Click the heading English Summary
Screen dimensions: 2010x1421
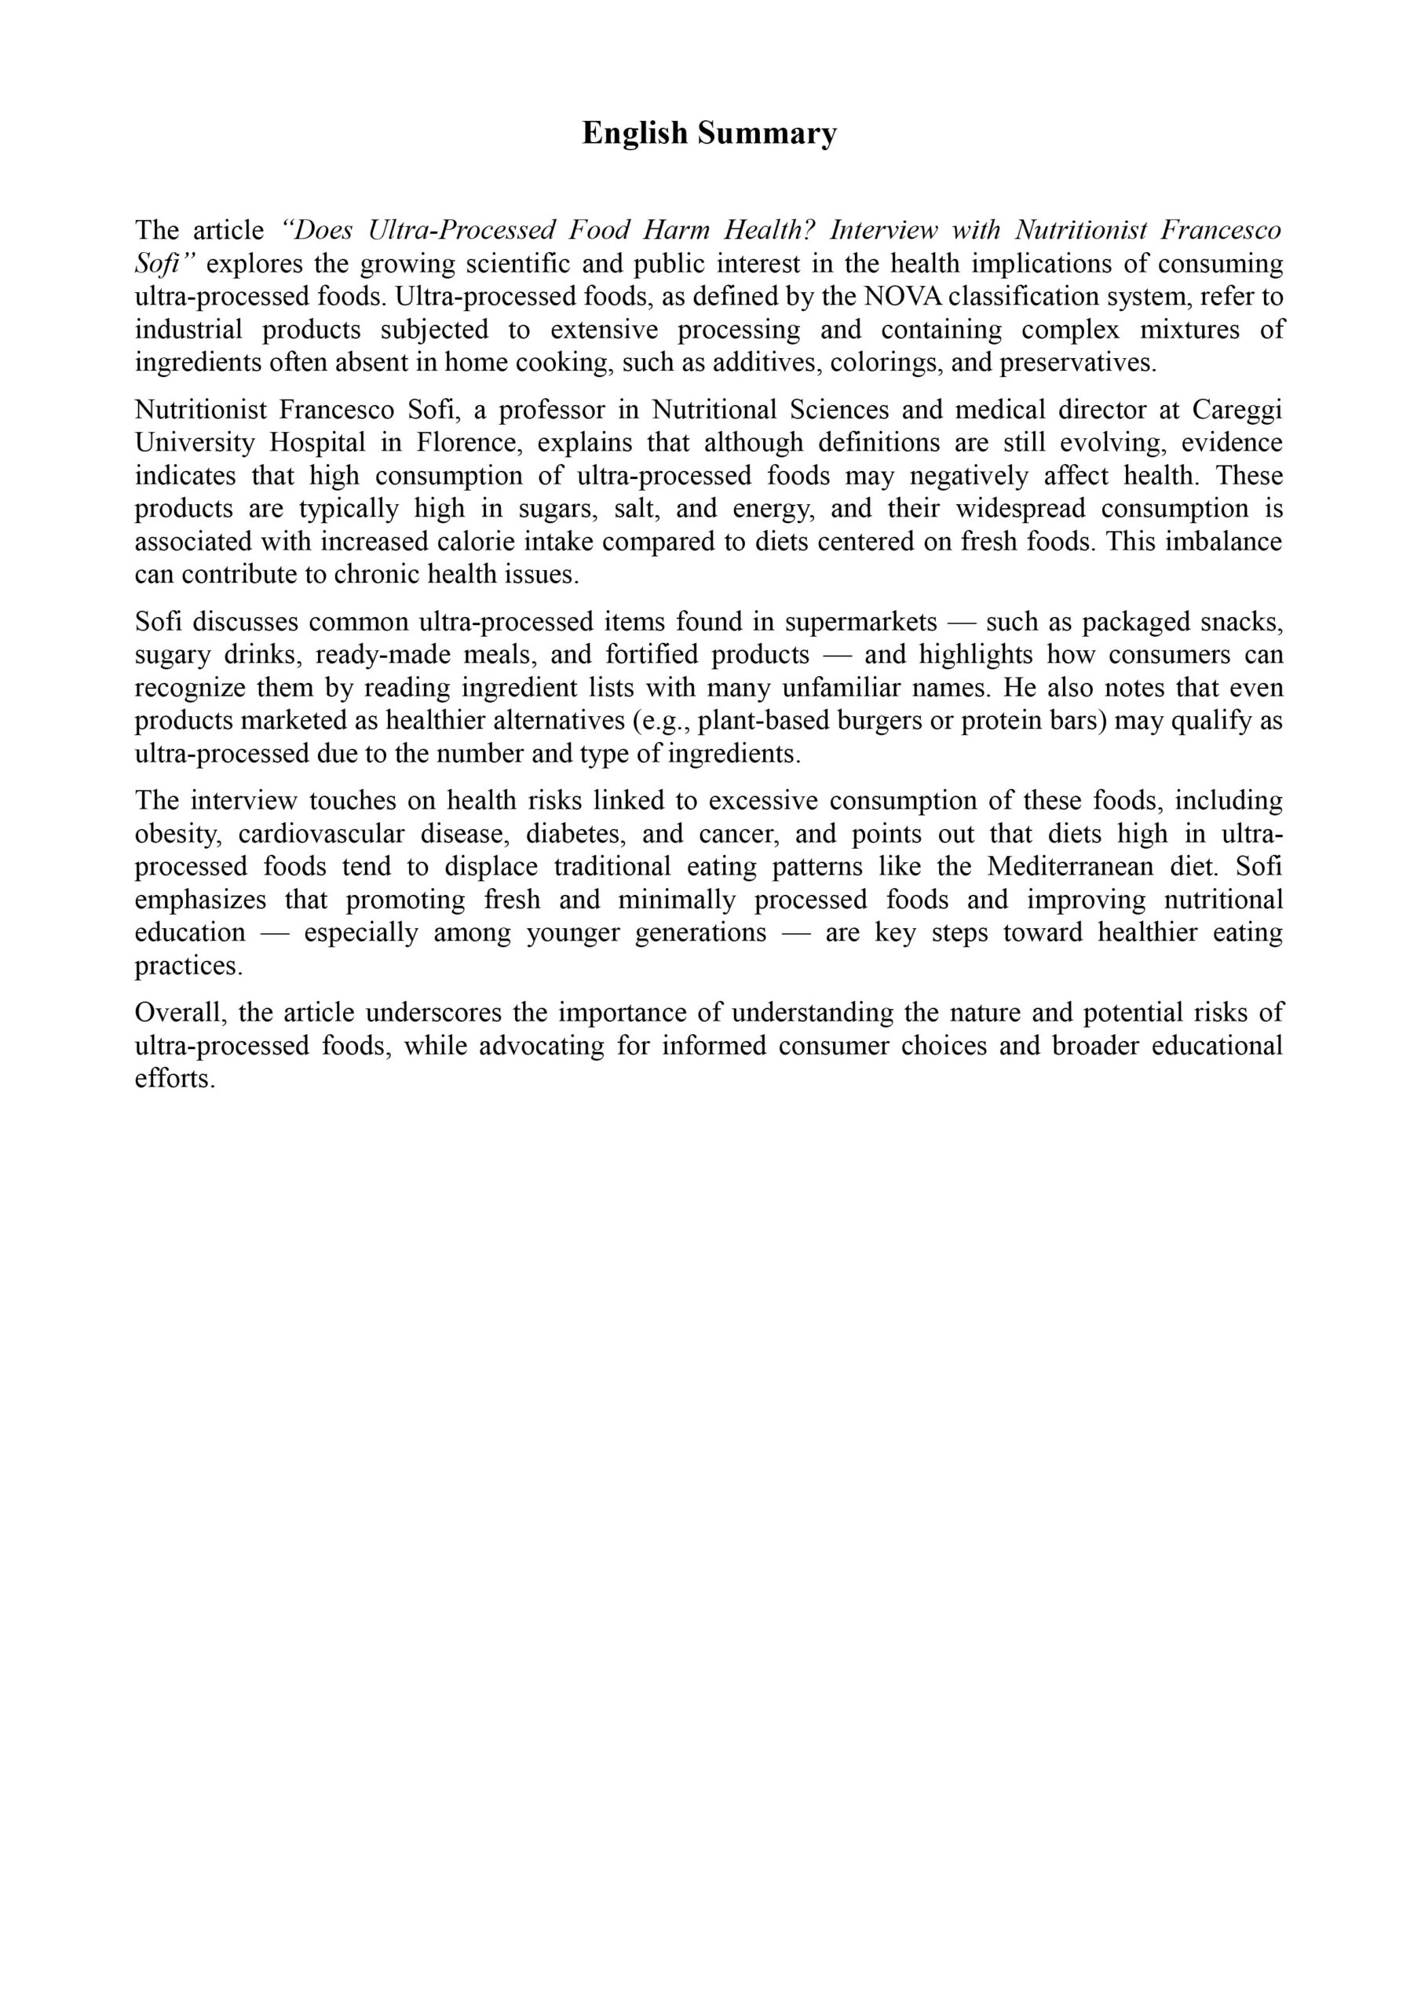(x=709, y=133)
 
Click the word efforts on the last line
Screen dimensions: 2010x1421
(x=174, y=1079)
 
